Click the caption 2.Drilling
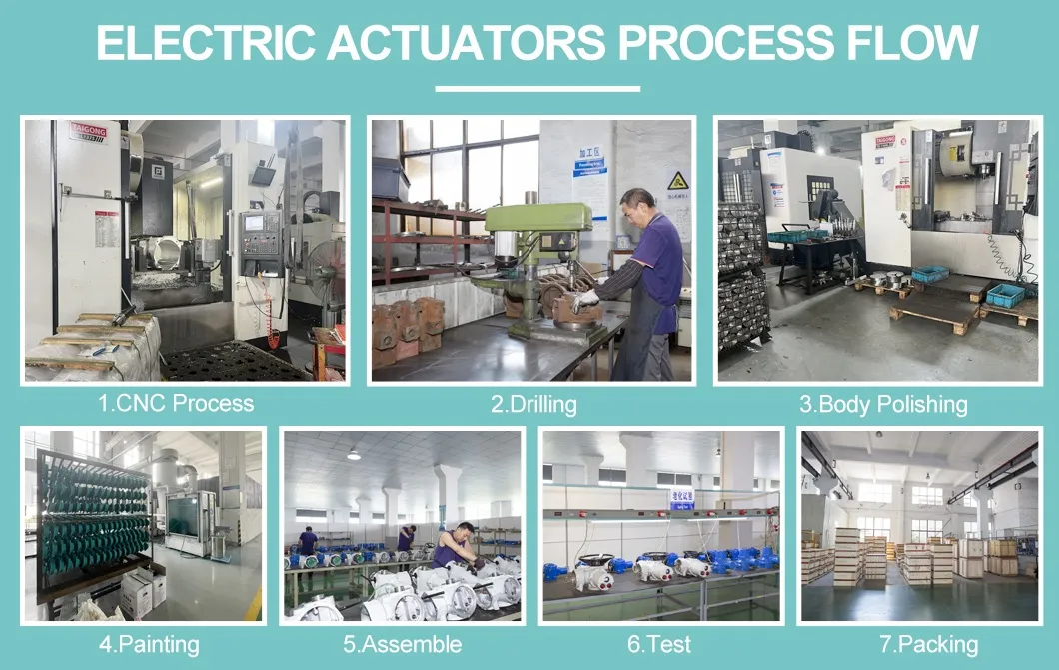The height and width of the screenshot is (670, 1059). [x=532, y=405]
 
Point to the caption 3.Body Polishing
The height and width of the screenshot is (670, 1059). [x=882, y=405]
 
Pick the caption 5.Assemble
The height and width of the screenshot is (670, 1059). [x=402, y=645]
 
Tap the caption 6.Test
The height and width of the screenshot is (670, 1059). [x=659, y=645]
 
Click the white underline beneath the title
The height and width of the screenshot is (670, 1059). [x=537, y=89]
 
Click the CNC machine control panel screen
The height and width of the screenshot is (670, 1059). [x=255, y=223]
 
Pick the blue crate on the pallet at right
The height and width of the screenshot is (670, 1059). [x=1005, y=294]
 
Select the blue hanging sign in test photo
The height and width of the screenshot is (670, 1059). [x=681, y=497]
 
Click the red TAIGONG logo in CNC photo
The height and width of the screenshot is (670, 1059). [x=88, y=131]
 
